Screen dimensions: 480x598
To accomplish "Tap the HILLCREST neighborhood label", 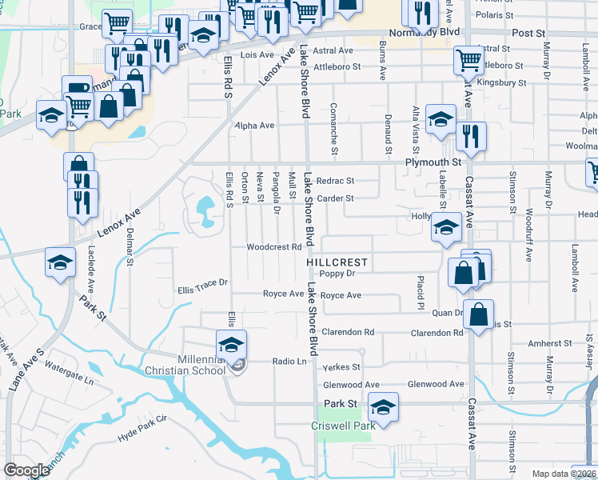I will pyautogui.click(x=337, y=262).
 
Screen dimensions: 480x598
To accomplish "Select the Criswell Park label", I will pyautogui.click(x=344, y=426).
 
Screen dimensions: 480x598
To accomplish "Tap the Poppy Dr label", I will pyautogui.click(x=337, y=274).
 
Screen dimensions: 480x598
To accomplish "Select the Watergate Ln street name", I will pyautogui.click(x=69, y=366).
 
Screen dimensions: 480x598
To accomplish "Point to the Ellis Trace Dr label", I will pyautogui.click(x=203, y=282).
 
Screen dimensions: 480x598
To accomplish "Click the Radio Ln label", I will pyautogui.click(x=289, y=362).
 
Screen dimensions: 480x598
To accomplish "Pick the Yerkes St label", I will pyautogui.click(x=343, y=368).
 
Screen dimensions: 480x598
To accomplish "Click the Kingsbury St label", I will pyautogui.click(x=500, y=82).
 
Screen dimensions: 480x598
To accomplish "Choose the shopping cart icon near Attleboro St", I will pyautogui.click(x=468, y=58).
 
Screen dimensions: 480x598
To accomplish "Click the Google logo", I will pyautogui.click(x=26, y=470).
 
